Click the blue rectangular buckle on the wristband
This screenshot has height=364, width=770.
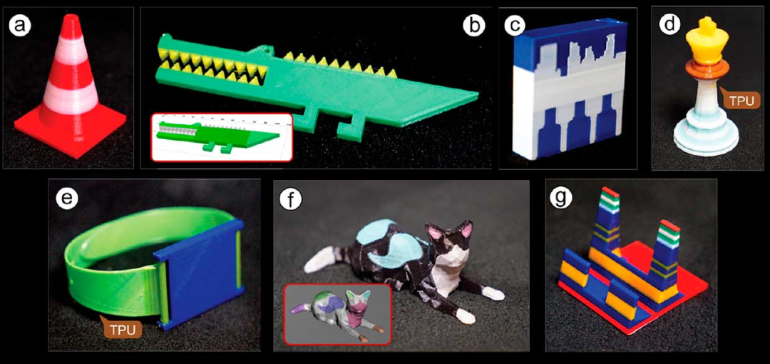(200, 276)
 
